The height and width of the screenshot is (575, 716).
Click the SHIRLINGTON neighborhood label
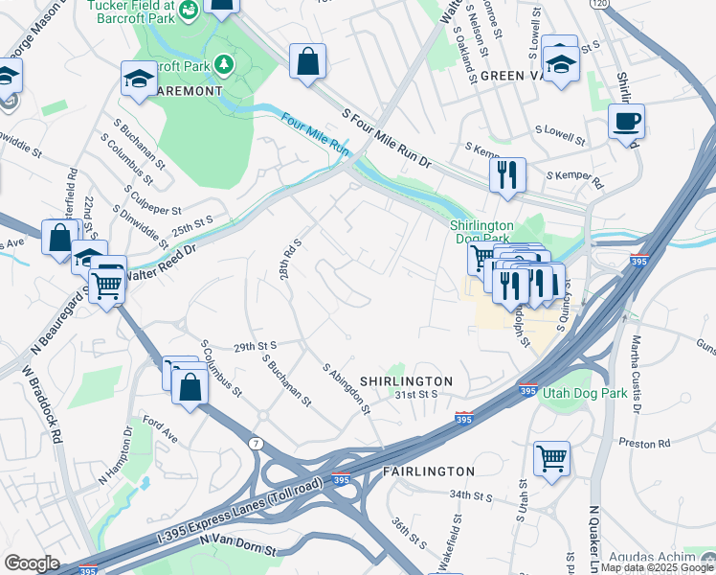[x=405, y=380]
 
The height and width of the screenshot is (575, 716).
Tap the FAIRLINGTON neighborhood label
[x=428, y=471]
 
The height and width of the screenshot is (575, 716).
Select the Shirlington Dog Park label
[x=481, y=232]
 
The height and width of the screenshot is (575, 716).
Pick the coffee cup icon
[x=626, y=122]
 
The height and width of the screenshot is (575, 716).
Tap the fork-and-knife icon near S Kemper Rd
[x=506, y=174]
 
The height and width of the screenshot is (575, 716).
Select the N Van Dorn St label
[x=237, y=545]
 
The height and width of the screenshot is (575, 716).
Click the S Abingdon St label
[x=346, y=390]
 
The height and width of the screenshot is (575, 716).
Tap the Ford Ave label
[x=160, y=423]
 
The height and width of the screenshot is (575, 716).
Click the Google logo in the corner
[x=32, y=563]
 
